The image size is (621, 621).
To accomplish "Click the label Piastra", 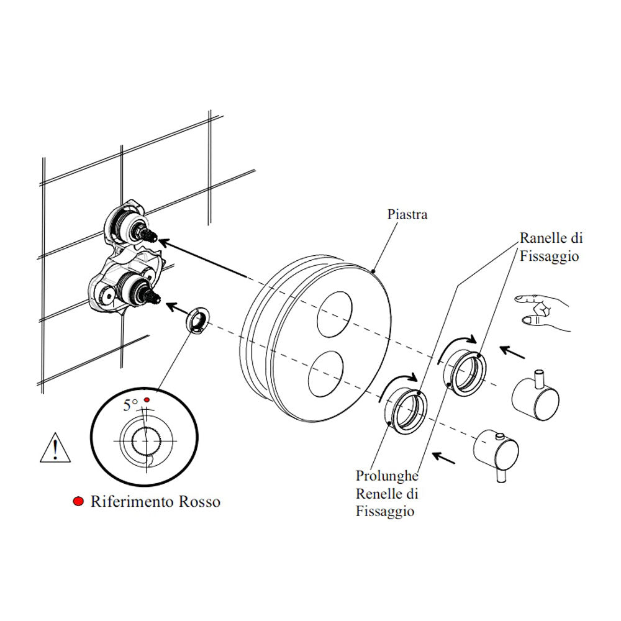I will point(407,215).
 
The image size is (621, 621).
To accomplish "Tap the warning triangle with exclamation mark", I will point(55,448).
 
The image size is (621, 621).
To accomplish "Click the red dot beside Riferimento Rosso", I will point(78,502).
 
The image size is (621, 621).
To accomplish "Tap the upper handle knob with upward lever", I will point(536,397).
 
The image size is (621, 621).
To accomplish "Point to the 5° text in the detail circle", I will point(130,406).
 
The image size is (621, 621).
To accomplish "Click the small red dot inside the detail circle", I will point(147,399).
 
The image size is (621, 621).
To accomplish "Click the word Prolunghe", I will point(387,476).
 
